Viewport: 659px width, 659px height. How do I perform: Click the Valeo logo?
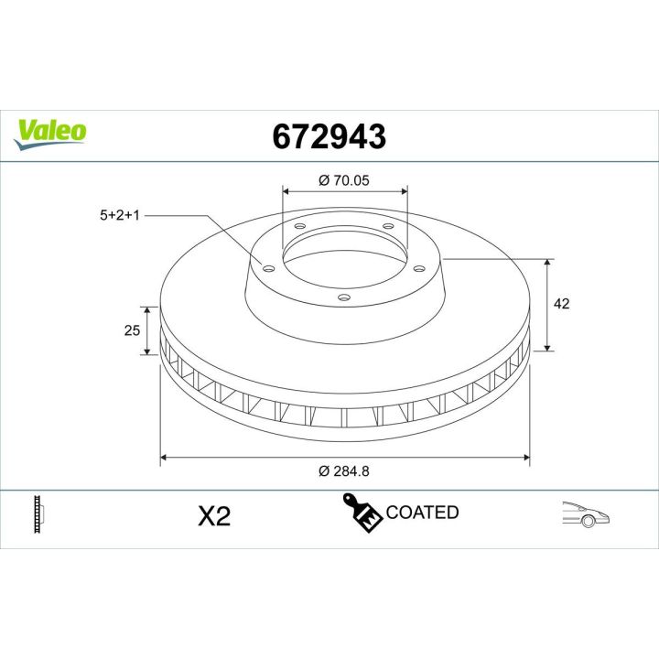click(51, 131)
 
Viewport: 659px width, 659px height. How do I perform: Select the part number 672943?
click(329, 135)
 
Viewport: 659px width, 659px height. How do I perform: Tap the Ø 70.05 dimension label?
click(343, 180)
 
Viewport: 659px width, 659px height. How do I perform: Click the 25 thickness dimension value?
click(131, 329)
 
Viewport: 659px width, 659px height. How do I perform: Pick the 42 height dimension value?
click(562, 304)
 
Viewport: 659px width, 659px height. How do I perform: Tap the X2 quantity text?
click(214, 517)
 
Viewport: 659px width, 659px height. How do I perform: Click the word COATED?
click(422, 513)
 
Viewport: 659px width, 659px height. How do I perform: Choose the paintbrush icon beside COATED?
click(362, 513)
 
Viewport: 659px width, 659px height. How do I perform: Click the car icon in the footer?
click(586, 514)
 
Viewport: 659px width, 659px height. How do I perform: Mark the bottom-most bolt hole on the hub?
click(343, 297)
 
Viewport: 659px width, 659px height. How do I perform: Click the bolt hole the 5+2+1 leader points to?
click(268, 267)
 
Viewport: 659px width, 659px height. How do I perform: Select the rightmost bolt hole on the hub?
click(419, 267)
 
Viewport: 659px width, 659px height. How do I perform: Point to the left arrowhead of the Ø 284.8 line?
click(164, 456)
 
